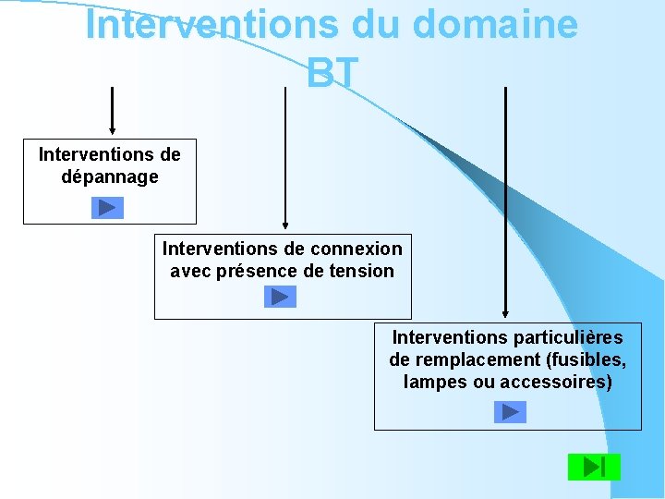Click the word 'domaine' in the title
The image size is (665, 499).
pos(494,25)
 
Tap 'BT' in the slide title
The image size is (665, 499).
pos(332,74)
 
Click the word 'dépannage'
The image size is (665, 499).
pos(110,176)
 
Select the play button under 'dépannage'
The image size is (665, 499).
pos(107,208)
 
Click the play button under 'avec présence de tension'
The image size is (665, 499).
pos(280,297)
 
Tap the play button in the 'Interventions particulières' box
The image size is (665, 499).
pos(510,411)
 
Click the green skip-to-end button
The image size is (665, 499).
pos(594,467)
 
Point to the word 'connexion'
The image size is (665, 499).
pos(357,249)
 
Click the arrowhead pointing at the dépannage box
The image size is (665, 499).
pos(112,130)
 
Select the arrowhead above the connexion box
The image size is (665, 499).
pos(285,224)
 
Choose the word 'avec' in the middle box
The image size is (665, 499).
pos(191,272)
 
